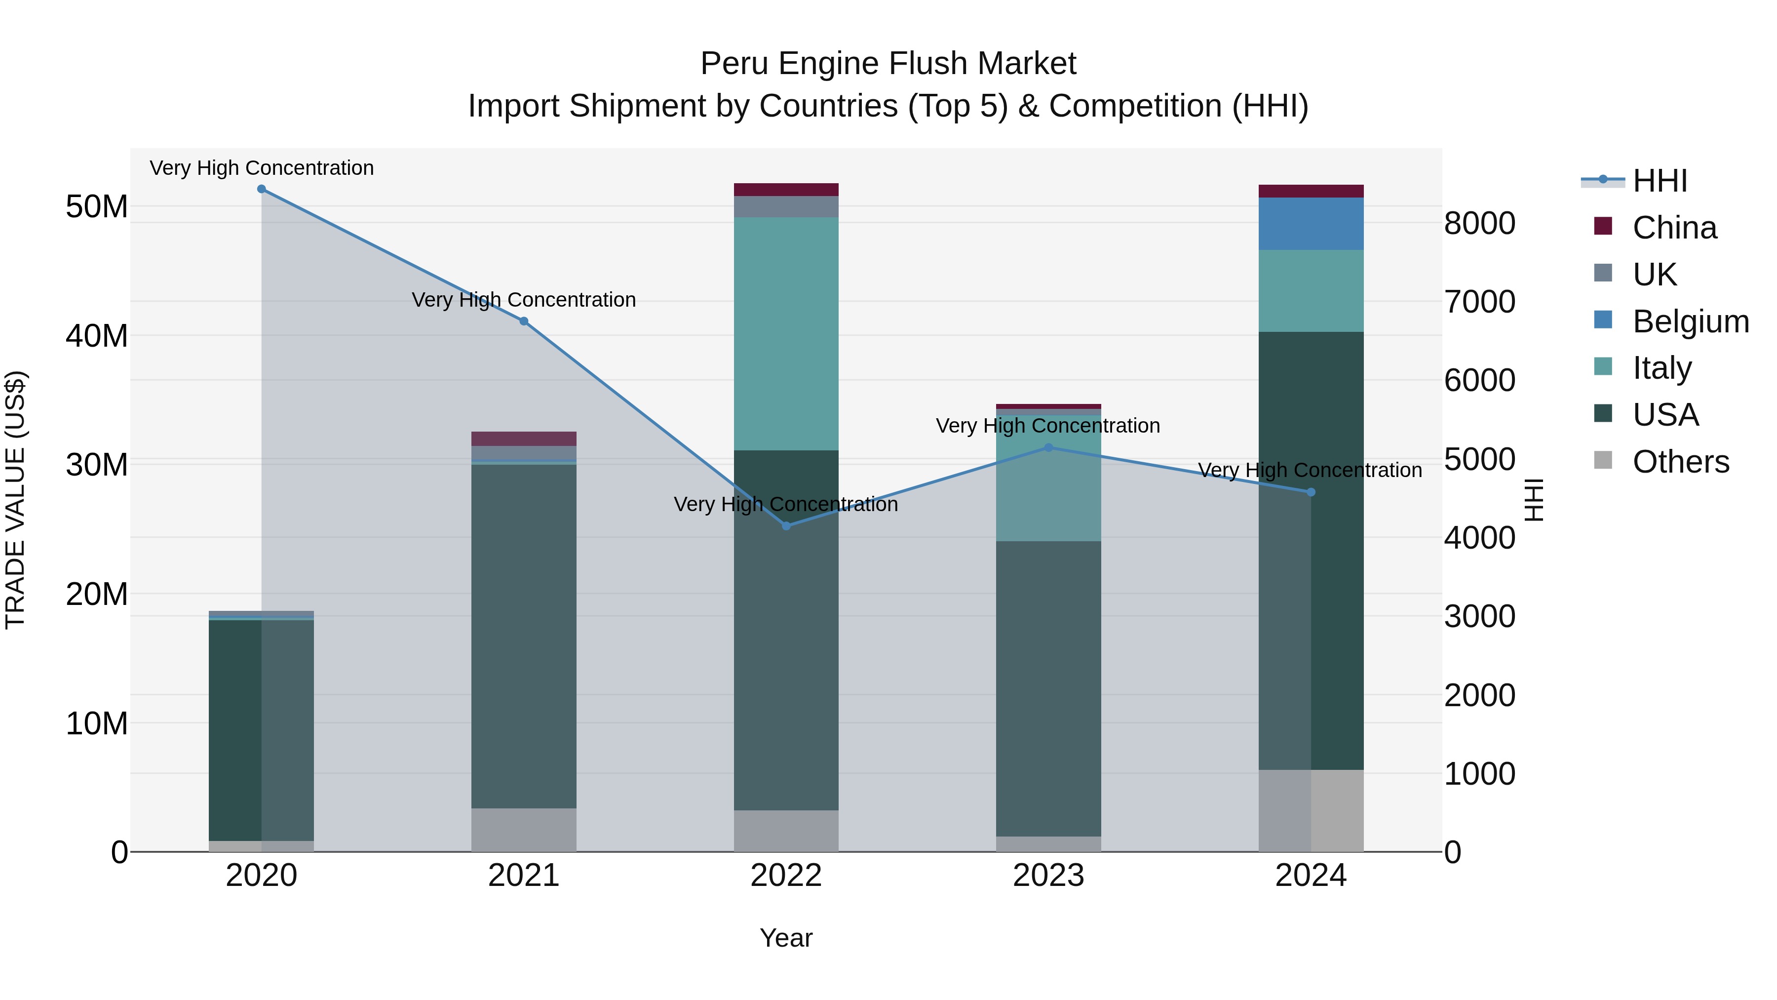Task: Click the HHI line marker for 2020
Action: point(262,189)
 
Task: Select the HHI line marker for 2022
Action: point(786,526)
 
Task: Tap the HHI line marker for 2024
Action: point(1312,492)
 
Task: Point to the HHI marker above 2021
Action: point(524,321)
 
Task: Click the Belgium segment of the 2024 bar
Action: point(1312,224)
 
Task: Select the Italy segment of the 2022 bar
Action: point(786,333)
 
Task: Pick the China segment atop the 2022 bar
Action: point(786,190)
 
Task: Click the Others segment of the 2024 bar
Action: point(1312,810)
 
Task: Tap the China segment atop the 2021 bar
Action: point(524,439)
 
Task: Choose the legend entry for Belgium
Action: point(1690,321)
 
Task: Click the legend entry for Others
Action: point(1680,462)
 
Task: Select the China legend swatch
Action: point(1603,226)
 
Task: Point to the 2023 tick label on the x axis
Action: point(1048,876)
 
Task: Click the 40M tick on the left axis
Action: point(97,336)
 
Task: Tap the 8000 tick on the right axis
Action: point(1480,224)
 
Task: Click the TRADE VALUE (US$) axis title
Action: point(15,500)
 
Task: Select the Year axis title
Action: point(786,938)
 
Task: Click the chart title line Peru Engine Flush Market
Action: point(888,64)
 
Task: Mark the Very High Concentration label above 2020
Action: point(262,168)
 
